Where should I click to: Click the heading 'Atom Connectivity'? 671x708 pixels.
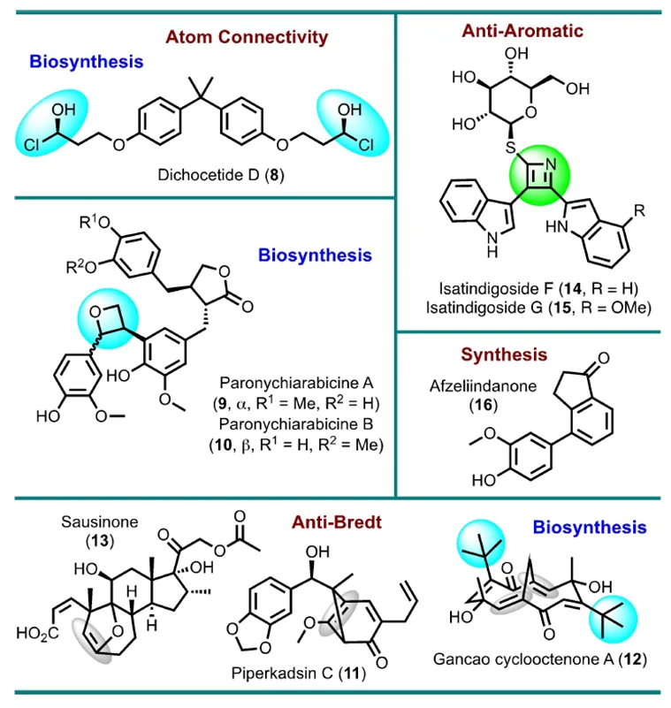click(x=247, y=37)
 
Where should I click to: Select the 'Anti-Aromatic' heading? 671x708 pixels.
click(x=522, y=31)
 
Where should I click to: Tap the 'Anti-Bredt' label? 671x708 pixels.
click(x=337, y=522)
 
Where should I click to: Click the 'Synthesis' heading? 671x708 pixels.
click(x=504, y=355)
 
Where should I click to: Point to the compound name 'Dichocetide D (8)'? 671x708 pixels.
click(x=221, y=175)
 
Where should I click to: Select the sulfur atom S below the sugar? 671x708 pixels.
click(x=510, y=147)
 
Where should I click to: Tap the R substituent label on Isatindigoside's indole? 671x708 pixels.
click(x=639, y=210)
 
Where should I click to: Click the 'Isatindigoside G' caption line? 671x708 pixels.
click(x=538, y=308)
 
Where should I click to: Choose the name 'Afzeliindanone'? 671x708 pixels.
click(x=484, y=386)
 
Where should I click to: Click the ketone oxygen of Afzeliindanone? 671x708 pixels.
click(x=603, y=358)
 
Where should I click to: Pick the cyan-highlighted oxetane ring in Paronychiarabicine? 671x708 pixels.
click(x=108, y=319)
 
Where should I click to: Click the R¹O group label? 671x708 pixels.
click(x=95, y=222)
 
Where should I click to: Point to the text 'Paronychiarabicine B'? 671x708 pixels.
click(x=296, y=424)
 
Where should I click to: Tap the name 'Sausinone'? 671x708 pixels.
click(x=99, y=522)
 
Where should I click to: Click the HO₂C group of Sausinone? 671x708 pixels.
click(x=37, y=634)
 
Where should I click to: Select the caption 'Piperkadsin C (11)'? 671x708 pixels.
click(x=299, y=674)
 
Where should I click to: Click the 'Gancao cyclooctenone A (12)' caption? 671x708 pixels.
click(x=540, y=659)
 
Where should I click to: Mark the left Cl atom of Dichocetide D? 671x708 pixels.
click(x=32, y=145)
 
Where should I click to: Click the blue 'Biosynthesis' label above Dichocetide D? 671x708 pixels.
click(x=87, y=61)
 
